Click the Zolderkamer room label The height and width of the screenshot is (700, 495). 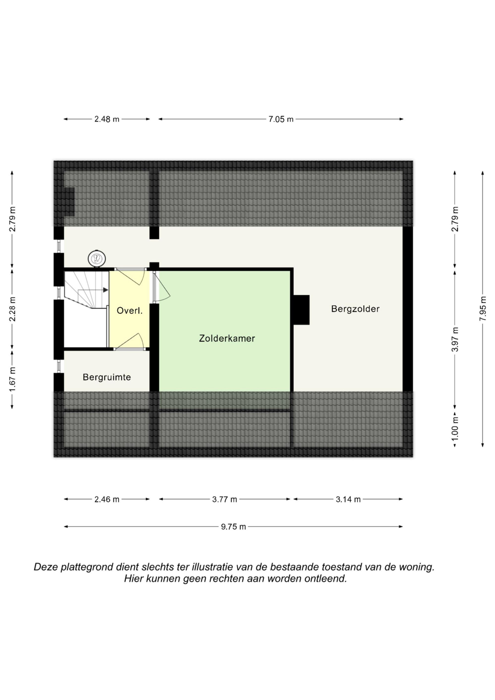227,338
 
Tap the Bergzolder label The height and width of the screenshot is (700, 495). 355,309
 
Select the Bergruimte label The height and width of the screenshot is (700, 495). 107,377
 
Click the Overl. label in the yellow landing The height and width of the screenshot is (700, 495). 130,311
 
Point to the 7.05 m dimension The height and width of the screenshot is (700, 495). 281,119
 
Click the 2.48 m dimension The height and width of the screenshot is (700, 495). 107,119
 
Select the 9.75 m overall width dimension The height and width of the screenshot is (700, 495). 233,527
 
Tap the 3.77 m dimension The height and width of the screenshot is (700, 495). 224,499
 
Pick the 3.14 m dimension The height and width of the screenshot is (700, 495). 348,499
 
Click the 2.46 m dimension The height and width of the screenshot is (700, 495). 107,499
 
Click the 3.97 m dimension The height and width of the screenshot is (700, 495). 455,339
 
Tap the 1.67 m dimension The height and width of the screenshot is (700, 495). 12,380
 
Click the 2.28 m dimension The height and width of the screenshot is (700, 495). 12,309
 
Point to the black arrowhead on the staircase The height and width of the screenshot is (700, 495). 105,290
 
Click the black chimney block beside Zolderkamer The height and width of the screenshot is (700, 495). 301,310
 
